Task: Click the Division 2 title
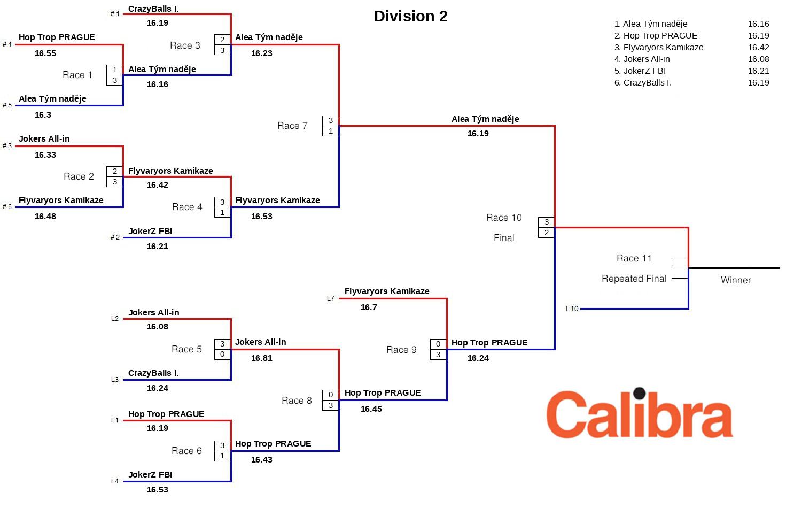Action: (410, 17)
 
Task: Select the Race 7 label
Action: (292, 126)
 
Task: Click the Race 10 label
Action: (504, 218)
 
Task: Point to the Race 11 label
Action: (634, 259)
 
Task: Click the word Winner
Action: (736, 280)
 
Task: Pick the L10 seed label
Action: (572, 309)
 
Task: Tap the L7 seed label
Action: (330, 298)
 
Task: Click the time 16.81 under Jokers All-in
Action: (262, 358)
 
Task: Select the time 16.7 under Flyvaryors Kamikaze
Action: (369, 307)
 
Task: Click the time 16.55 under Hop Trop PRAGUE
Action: (45, 53)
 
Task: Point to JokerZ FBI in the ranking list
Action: (644, 71)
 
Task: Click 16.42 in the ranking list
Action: (758, 48)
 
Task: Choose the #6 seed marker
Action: (7, 207)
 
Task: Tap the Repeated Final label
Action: (634, 279)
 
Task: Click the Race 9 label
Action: (401, 350)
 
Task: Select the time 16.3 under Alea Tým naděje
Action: (43, 115)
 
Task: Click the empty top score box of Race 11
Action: (680, 263)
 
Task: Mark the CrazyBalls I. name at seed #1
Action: (153, 9)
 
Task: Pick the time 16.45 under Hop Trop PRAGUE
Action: (371, 409)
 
